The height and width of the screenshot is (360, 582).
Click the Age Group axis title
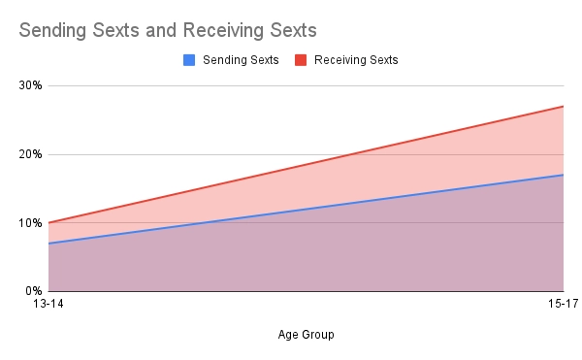305,335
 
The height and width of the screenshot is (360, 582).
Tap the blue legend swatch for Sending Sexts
189,60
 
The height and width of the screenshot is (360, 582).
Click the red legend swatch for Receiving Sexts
302,60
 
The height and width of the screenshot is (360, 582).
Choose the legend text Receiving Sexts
355,60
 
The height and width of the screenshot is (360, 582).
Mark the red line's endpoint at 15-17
564,107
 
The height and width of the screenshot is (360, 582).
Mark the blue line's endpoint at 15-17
564,175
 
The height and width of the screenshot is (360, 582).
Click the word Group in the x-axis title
318,335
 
